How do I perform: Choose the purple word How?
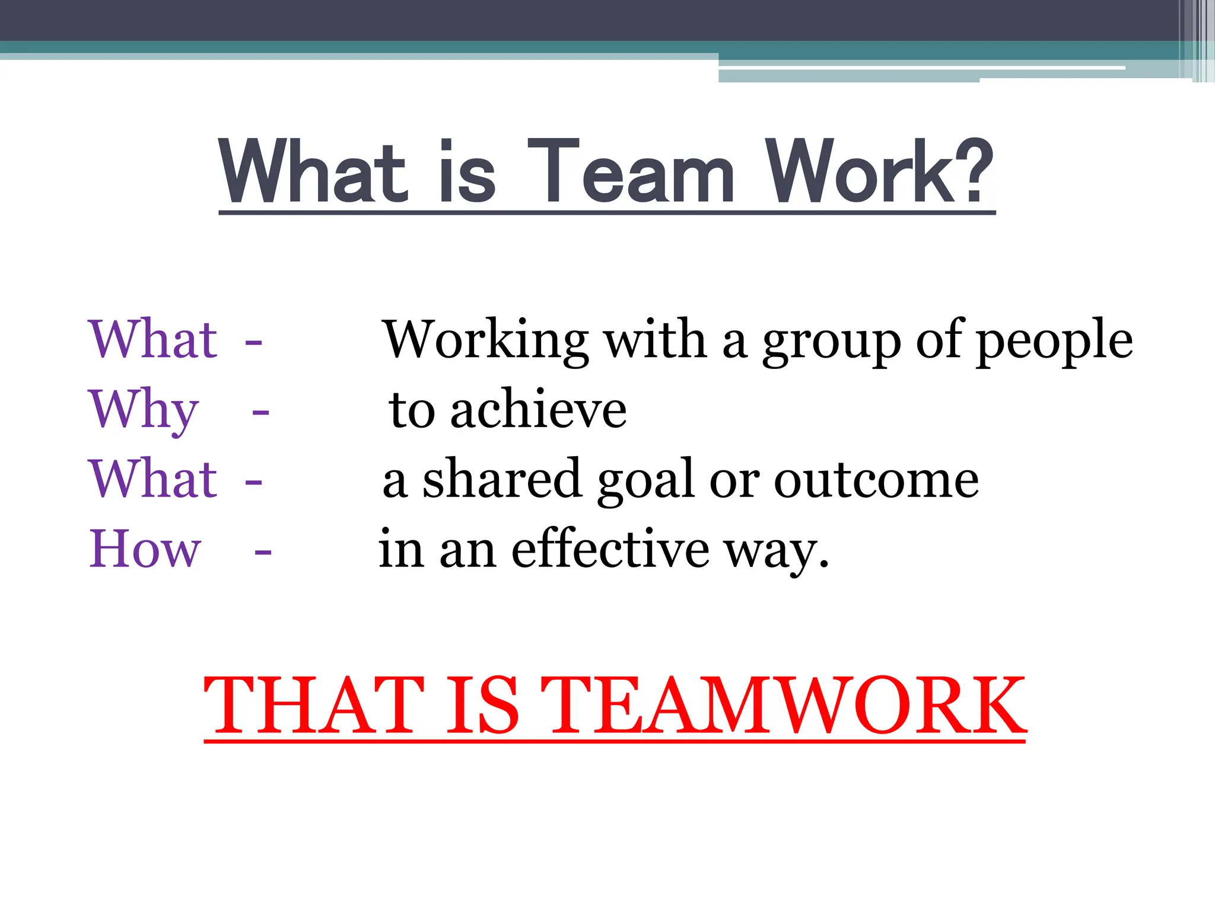pyautogui.click(x=145, y=549)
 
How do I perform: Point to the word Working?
pyautogui.click(x=485, y=340)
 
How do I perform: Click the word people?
pyautogui.click(x=1054, y=340)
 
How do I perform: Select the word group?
pyautogui.click(x=831, y=340)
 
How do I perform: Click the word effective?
pyautogui.click(x=610, y=549)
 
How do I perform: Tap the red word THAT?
pyautogui.click(x=314, y=706)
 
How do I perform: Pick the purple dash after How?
pyautogui.click(x=263, y=552)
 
